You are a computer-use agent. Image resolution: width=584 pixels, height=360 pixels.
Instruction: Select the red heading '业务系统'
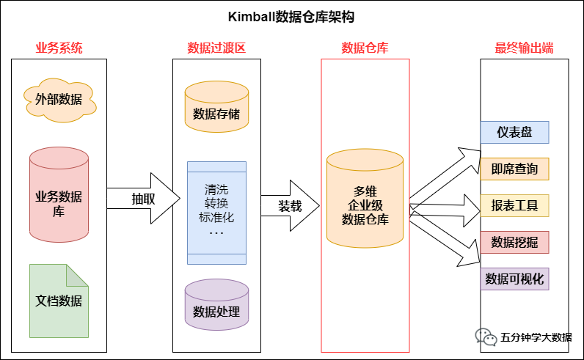point(59,48)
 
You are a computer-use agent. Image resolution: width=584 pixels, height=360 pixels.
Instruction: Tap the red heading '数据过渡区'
point(216,48)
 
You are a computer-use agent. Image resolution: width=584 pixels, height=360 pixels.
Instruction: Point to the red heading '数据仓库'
point(365,48)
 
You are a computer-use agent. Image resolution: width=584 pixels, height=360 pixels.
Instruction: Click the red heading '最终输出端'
point(524,48)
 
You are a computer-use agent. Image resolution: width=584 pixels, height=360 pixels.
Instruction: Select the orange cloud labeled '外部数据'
point(59,98)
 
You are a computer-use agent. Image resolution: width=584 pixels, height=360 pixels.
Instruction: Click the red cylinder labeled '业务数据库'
point(59,196)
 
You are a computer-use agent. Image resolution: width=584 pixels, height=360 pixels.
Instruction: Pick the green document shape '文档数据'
point(59,301)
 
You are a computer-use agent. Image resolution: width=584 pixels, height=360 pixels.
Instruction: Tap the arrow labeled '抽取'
point(144,198)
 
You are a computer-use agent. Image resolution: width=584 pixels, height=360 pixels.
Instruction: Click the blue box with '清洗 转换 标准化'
point(216,212)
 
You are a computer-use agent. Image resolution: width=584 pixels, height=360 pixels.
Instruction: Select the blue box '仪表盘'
point(515,133)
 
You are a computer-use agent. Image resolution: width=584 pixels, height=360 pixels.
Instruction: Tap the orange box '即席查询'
point(515,169)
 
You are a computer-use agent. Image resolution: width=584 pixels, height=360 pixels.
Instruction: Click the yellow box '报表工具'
point(515,205)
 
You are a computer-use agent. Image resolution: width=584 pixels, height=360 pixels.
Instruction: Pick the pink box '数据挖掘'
point(515,242)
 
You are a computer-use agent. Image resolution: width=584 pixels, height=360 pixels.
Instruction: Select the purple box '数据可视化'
point(515,279)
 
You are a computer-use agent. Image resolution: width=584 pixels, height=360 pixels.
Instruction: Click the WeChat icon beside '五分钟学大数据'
point(485,337)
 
